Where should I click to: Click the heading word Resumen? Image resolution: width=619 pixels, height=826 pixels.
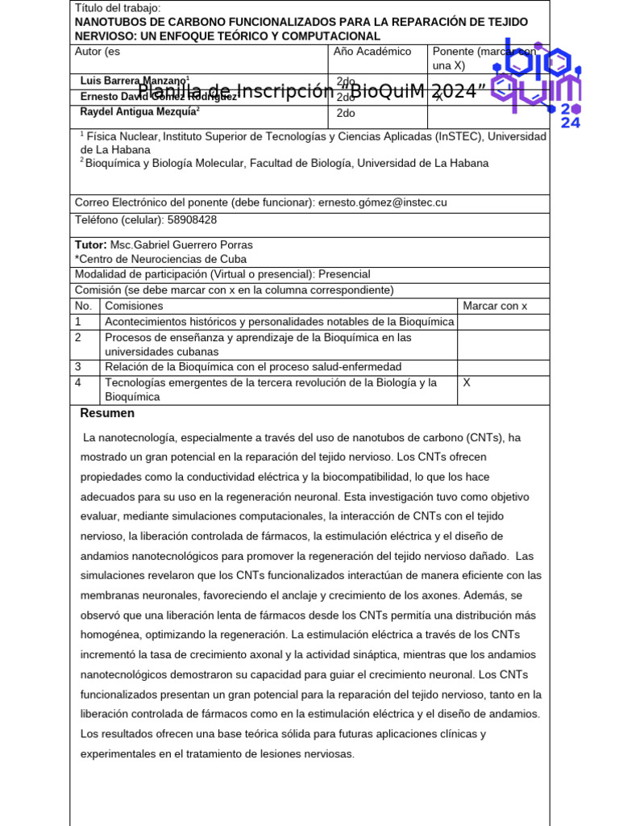tap(107, 414)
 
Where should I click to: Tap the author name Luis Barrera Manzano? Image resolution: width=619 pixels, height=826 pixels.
tap(134, 81)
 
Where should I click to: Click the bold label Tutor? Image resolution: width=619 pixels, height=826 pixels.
tap(90, 244)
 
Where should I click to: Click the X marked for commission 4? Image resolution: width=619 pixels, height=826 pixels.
tap(467, 382)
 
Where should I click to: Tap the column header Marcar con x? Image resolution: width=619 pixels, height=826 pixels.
tap(494, 306)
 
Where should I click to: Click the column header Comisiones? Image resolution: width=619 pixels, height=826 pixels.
tap(134, 306)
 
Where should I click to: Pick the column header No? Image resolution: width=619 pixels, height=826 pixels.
tap(83, 306)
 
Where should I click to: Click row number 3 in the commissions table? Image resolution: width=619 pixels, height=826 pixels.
tap(79, 367)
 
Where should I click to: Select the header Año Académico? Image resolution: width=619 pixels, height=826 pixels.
tap(372, 52)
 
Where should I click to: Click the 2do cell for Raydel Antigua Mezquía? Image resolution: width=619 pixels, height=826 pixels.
tap(346, 113)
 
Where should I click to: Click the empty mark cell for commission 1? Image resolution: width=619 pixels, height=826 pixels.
tap(503, 322)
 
